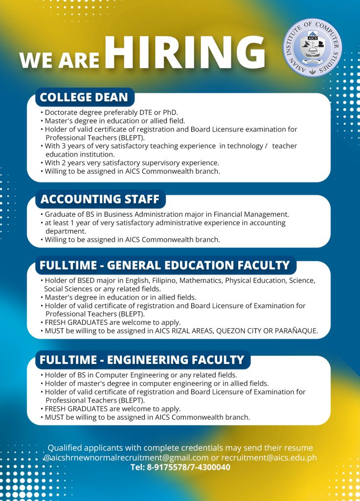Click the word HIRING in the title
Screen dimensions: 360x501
coord(186,52)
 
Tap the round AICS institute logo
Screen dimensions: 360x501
coord(312,47)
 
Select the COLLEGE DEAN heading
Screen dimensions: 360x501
coord(84,97)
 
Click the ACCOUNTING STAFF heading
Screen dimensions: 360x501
coord(100,199)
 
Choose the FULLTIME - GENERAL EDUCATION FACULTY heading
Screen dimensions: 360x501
coord(165,265)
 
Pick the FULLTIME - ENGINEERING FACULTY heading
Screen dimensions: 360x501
coord(142,360)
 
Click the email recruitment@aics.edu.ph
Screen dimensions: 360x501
coord(269,457)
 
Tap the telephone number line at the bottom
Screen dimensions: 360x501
coord(180,467)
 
